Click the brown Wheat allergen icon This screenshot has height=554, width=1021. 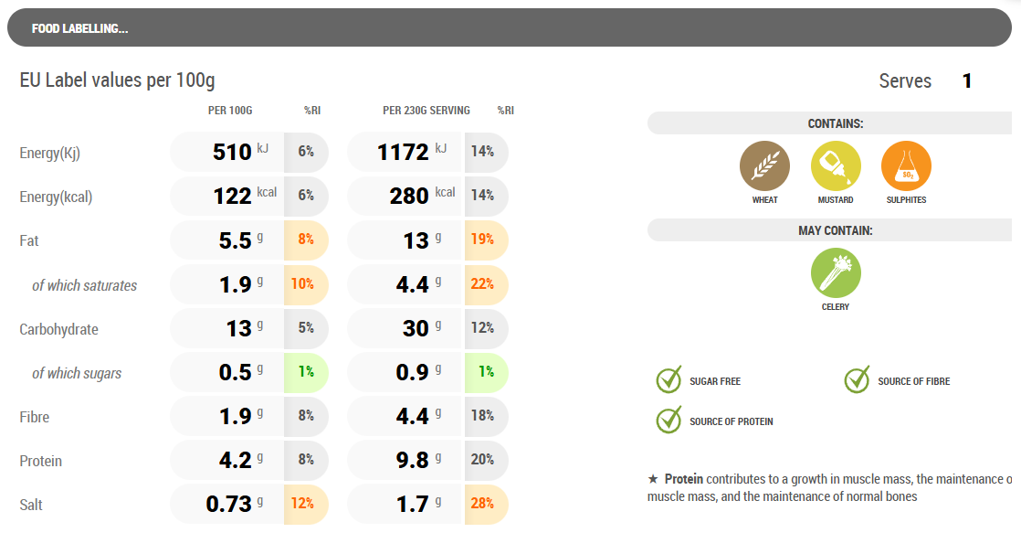click(x=764, y=166)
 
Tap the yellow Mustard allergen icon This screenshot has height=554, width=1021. click(x=836, y=166)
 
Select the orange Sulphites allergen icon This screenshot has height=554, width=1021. click(x=906, y=166)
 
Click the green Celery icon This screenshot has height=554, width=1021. click(x=836, y=273)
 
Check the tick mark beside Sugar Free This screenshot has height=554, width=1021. click(x=669, y=380)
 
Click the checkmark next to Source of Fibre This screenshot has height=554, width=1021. click(x=857, y=380)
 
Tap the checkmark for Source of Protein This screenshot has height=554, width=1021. click(x=669, y=421)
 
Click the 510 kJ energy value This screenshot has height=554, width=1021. click(x=232, y=152)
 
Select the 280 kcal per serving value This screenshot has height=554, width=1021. click(x=408, y=196)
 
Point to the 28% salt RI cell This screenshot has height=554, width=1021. click(x=483, y=504)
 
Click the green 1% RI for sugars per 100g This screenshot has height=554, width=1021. click(x=305, y=372)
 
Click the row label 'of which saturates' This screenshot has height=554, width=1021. click(x=84, y=285)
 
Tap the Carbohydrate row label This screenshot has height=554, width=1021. click(x=58, y=329)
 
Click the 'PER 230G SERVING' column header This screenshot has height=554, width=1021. click(x=426, y=111)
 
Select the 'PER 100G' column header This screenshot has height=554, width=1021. click(x=230, y=111)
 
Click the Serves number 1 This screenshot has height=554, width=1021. click(x=967, y=81)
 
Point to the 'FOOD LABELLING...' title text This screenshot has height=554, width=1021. click(x=79, y=28)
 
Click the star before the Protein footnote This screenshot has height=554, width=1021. click(x=652, y=479)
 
